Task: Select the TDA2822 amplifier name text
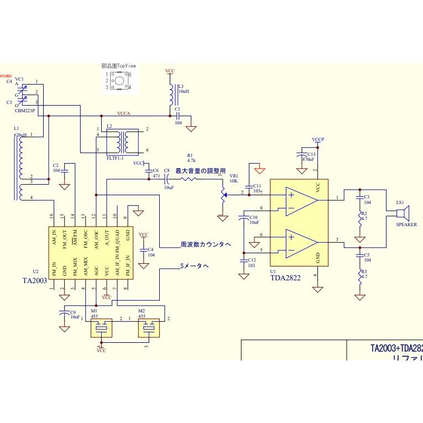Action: click(x=285, y=278)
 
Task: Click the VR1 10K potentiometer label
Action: click(x=233, y=178)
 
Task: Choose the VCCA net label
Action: click(x=124, y=113)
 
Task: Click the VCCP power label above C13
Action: click(x=318, y=139)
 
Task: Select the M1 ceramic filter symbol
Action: click(x=101, y=328)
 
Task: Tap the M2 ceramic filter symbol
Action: click(x=148, y=328)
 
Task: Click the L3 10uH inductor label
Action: click(x=183, y=89)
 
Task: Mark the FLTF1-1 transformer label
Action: click(x=115, y=158)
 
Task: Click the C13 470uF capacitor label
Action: click(x=308, y=156)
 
